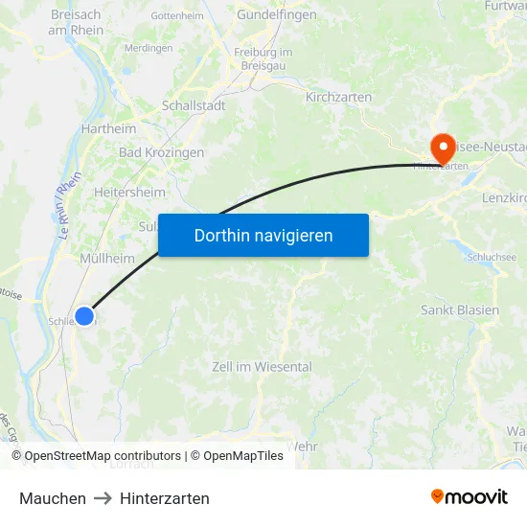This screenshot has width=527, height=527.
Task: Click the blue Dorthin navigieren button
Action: pos(263,235)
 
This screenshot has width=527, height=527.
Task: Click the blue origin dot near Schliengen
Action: pos(84,315)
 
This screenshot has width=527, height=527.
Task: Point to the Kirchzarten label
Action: pos(338,98)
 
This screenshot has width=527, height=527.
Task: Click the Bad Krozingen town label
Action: pos(161,152)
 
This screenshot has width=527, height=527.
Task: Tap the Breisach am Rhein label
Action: pos(76,22)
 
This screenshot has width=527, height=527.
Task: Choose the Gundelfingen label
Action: pos(276,16)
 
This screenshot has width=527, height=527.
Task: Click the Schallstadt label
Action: pos(194,105)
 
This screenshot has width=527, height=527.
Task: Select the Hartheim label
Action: pos(109,128)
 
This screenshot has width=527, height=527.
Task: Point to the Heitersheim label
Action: pos(129,192)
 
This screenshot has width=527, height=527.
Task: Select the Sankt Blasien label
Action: pos(460,310)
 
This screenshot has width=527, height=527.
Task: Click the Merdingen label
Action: pos(149,48)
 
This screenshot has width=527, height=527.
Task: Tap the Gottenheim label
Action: pos(178,17)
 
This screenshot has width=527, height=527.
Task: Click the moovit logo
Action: pos(470,496)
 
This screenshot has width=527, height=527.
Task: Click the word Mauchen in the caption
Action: pos(53,498)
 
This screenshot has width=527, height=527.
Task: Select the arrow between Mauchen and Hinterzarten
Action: pos(103,498)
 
